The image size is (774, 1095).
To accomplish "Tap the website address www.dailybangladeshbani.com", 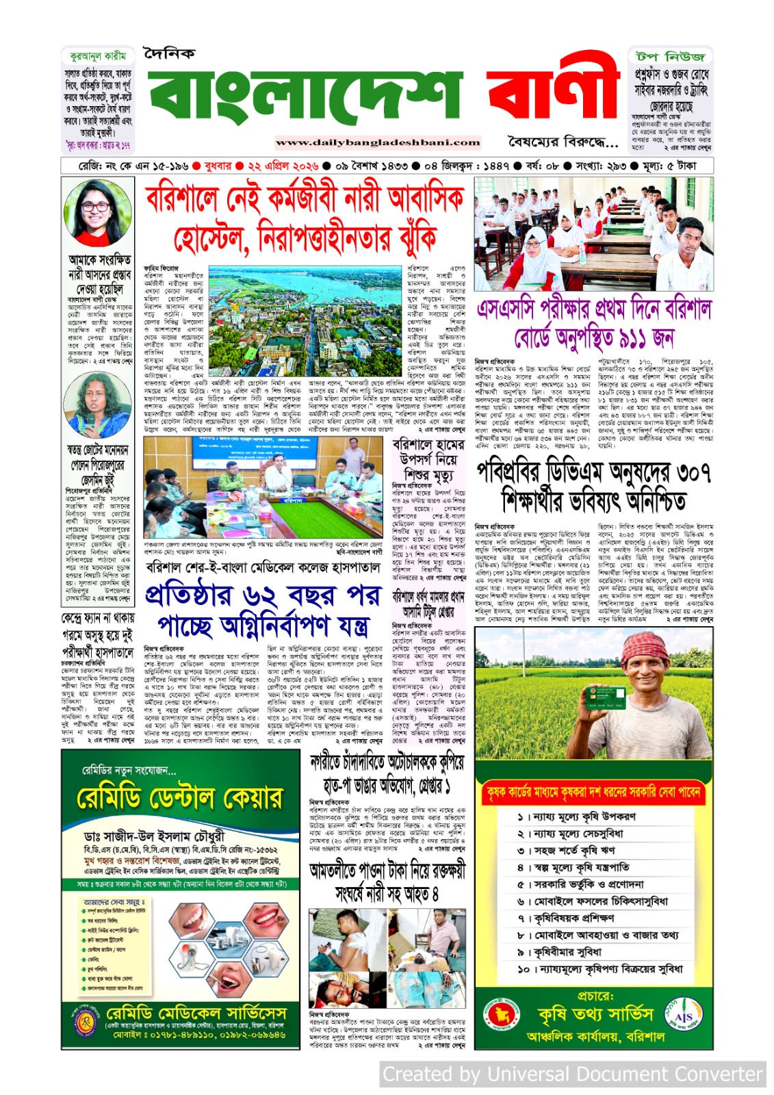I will (378, 143).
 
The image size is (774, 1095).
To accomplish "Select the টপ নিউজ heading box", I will (670, 55).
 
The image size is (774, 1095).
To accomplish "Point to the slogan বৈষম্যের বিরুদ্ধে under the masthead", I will (563, 142).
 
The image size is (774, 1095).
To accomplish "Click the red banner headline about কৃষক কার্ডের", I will (593, 792).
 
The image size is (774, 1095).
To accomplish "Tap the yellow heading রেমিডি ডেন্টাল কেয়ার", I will (179, 798).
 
